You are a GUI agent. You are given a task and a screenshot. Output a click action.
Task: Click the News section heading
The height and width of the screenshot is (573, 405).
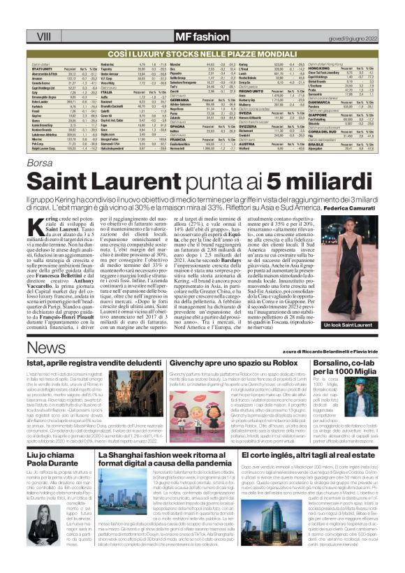tap(46, 349)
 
